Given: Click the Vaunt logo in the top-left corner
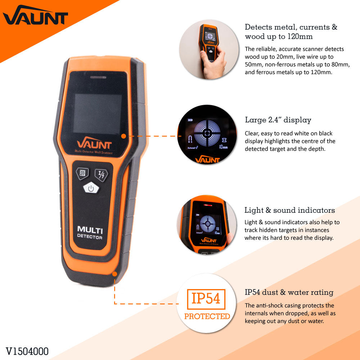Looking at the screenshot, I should coord(35,16).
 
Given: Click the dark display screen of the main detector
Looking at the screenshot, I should coord(98,114).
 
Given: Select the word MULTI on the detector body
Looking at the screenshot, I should coord(90,230).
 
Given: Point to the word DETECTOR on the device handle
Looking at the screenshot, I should coord(90,237).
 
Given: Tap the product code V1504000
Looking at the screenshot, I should coord(27,351).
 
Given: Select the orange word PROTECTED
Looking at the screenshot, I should coord(207,316).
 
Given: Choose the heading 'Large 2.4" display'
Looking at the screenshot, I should coord(278,120).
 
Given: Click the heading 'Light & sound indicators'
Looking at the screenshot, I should coord(290,210).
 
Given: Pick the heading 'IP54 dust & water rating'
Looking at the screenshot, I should coord(289,292).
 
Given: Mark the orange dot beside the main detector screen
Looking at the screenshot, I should coord(123,136).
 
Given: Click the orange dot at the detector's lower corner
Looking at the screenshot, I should coord(114,274).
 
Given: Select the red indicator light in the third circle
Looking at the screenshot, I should coord(208,205).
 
